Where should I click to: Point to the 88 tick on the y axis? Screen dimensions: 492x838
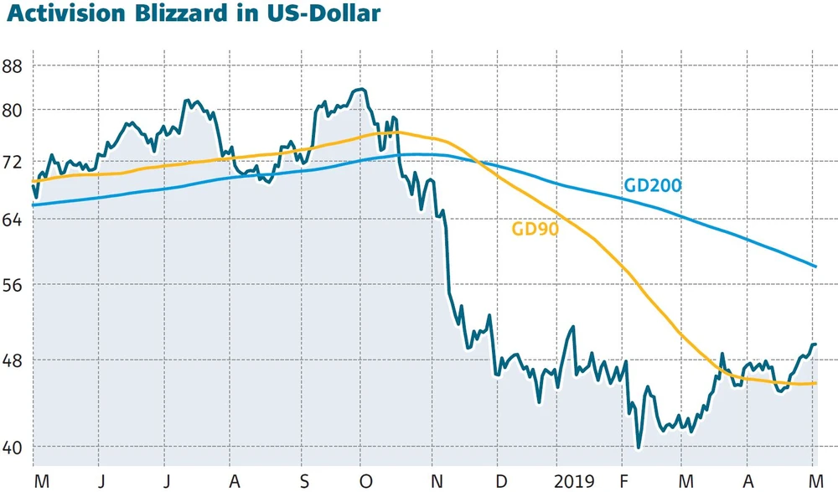pyautogui.click(x=13, y=65)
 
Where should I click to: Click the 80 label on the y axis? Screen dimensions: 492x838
pyautogui.click(x=13, y=110)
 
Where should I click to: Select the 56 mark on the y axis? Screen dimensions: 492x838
pyautogui.click(x=13, y=285)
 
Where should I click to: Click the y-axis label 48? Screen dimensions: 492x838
pyautogui.click(x=13, y=360)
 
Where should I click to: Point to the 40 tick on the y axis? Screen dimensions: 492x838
pyautogui.click(x=13, y=448)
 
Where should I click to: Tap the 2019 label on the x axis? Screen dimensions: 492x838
pyautogui.click(x=573, y=480)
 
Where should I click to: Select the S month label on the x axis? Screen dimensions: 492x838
pyautogui.click(x=305, y=480)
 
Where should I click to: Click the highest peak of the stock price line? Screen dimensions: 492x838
pyautogui.click(x=361, y=89)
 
